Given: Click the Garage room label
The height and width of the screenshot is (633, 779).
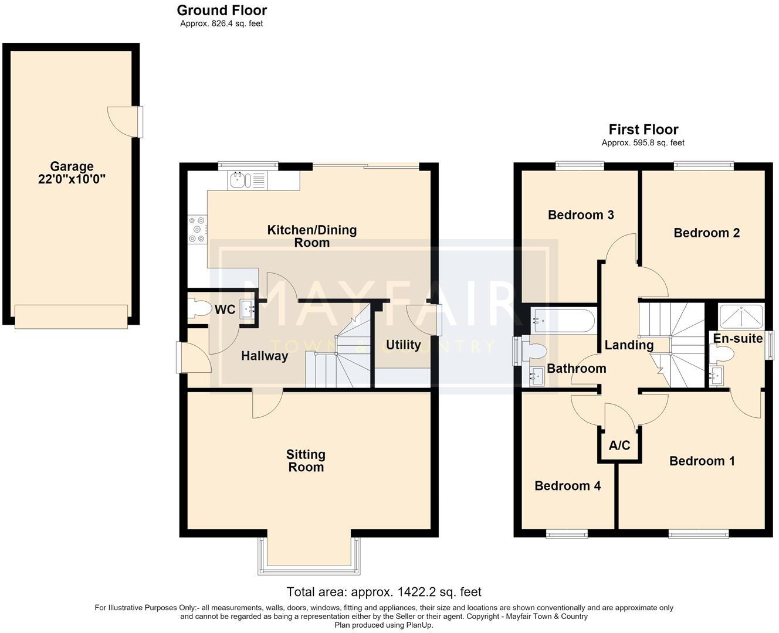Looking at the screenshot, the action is (x=72, y=166).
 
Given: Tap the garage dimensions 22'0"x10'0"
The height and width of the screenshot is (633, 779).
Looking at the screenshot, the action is (x=72, y=179).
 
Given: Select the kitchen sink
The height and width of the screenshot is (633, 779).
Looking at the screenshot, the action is (x=248, y=181).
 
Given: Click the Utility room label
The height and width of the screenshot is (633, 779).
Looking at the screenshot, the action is (x=404, y=345).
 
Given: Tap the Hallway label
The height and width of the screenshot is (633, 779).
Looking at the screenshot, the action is (x=265, y=356).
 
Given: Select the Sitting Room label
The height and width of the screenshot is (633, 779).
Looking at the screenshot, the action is (x=306, y=461).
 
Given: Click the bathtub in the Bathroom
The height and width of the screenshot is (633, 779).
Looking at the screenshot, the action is (x=564, y=321).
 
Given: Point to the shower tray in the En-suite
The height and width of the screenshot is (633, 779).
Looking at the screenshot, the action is (x=741, y=316).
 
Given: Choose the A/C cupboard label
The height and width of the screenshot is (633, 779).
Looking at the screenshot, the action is (x=619, y=445).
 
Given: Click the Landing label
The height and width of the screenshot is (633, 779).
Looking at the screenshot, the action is (x=629, y=345).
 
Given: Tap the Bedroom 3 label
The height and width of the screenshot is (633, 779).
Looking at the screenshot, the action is (x=581, y=215).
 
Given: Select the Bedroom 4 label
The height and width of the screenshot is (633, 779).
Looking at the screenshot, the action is (x=568, y=486).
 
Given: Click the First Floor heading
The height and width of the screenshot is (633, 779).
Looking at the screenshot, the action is (x=643, y=130).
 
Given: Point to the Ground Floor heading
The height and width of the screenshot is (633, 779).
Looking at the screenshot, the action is (x=222, y=10).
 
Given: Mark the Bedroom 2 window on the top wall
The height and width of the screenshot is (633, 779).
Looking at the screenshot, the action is (x=704, y=165).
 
